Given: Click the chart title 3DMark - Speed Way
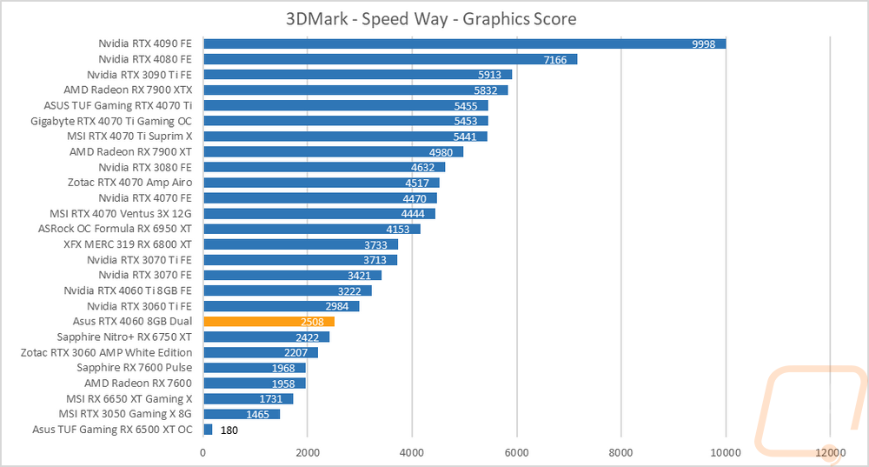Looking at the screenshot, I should (431, 18).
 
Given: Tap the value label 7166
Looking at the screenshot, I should (554, 59).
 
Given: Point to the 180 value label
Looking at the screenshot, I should (229, 430).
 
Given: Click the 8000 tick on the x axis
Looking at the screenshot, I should (620, 452).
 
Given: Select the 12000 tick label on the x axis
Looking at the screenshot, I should (830, 452).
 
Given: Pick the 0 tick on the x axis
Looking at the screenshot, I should (203, 452).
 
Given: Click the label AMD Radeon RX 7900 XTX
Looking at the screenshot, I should (128, 90).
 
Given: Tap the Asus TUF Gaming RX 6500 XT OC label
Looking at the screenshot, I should (112, 429).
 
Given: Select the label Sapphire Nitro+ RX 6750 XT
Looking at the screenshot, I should (124, 337).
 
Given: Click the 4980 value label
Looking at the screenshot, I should (441, 151).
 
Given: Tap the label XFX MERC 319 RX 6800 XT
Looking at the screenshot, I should (128, 244).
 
